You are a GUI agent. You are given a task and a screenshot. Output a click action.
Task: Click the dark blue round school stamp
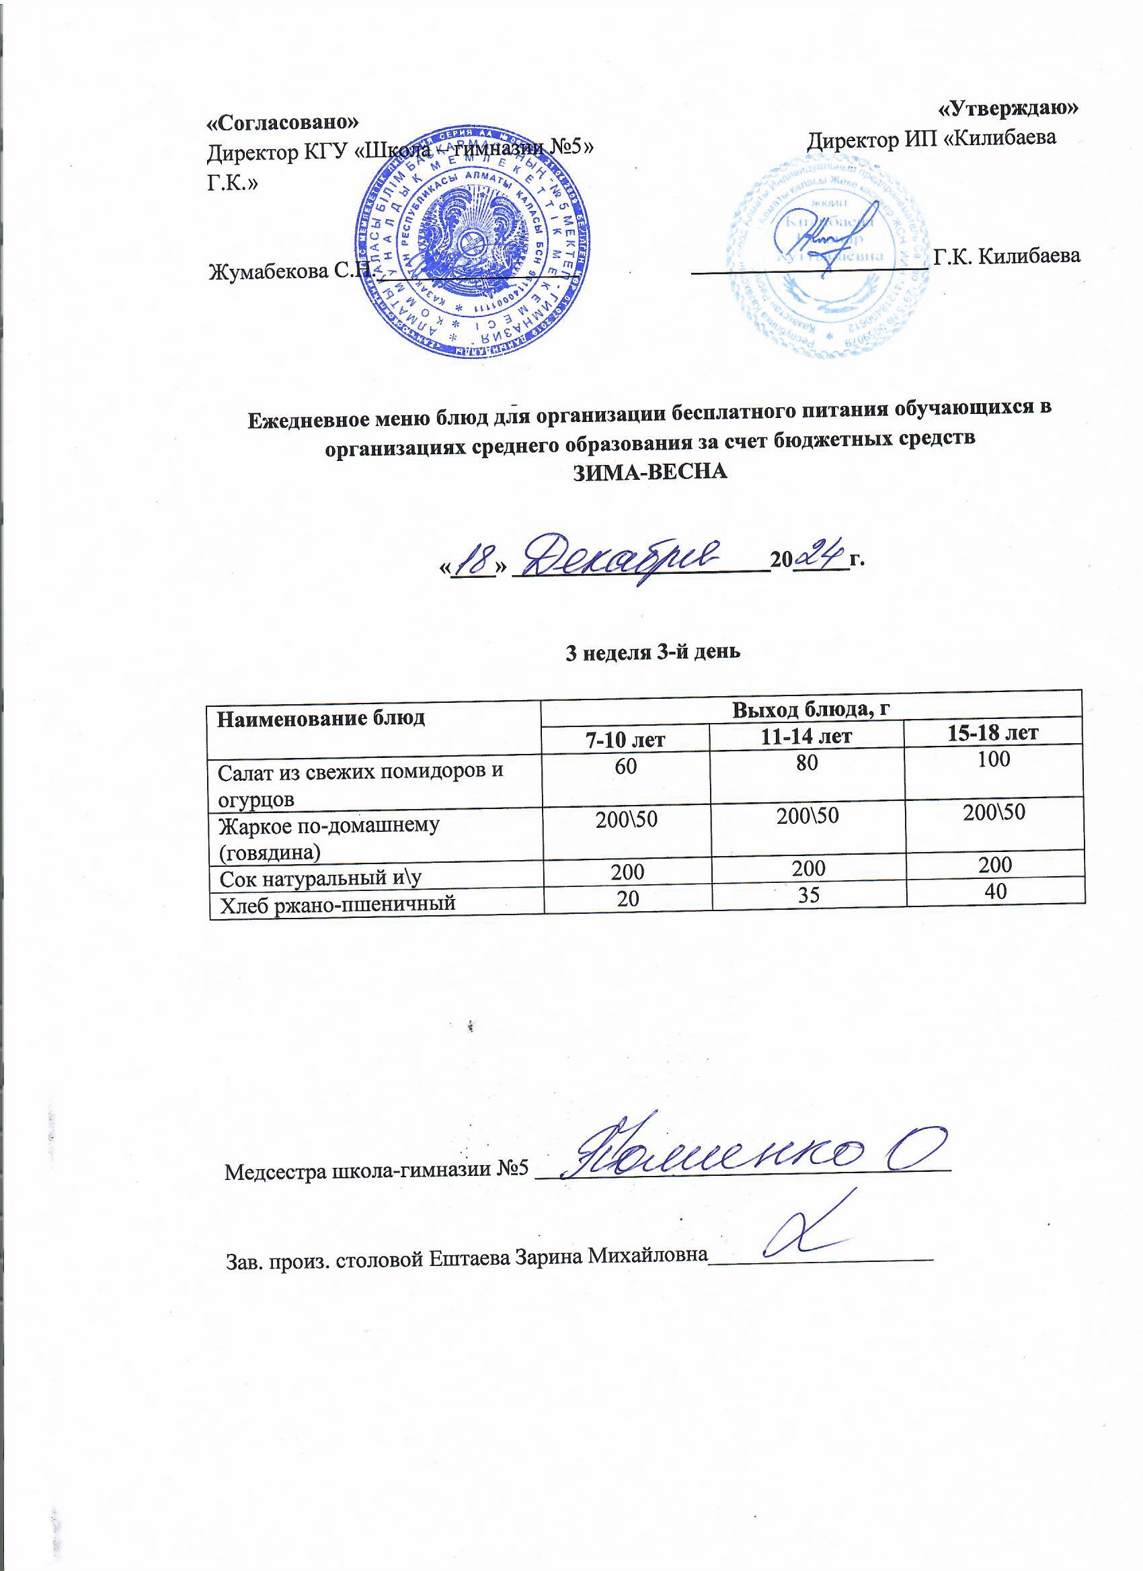pos(471,243)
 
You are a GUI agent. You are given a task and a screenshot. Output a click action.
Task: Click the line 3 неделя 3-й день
pos(654,652)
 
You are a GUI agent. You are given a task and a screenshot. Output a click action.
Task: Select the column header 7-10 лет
pos(626,740)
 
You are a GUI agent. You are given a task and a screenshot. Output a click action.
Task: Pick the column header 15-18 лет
pos(993,732)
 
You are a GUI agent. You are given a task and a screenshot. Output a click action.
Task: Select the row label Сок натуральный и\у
pos(321,879)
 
